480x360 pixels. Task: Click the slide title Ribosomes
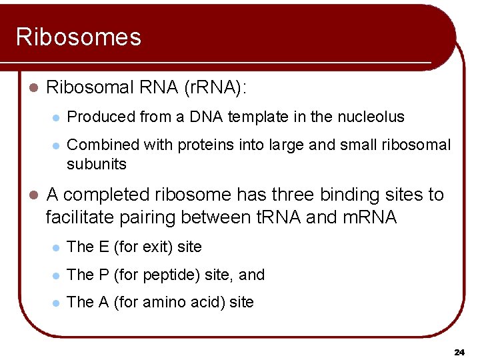pyautogui.click(x=79, y=37)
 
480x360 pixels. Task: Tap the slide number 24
pyautogui.click(x=459, y=351)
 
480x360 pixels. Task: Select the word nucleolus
pyautogui.click(x=370, y=117)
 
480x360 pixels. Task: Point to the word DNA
pyautogui.click(x=206, y=117)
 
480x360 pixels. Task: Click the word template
pyautogui.click(x=252, y=117)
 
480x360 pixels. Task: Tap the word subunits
pyautogui.click(x=97, y=164)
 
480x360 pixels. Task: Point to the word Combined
pyautogui.click(x=99, y=145)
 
